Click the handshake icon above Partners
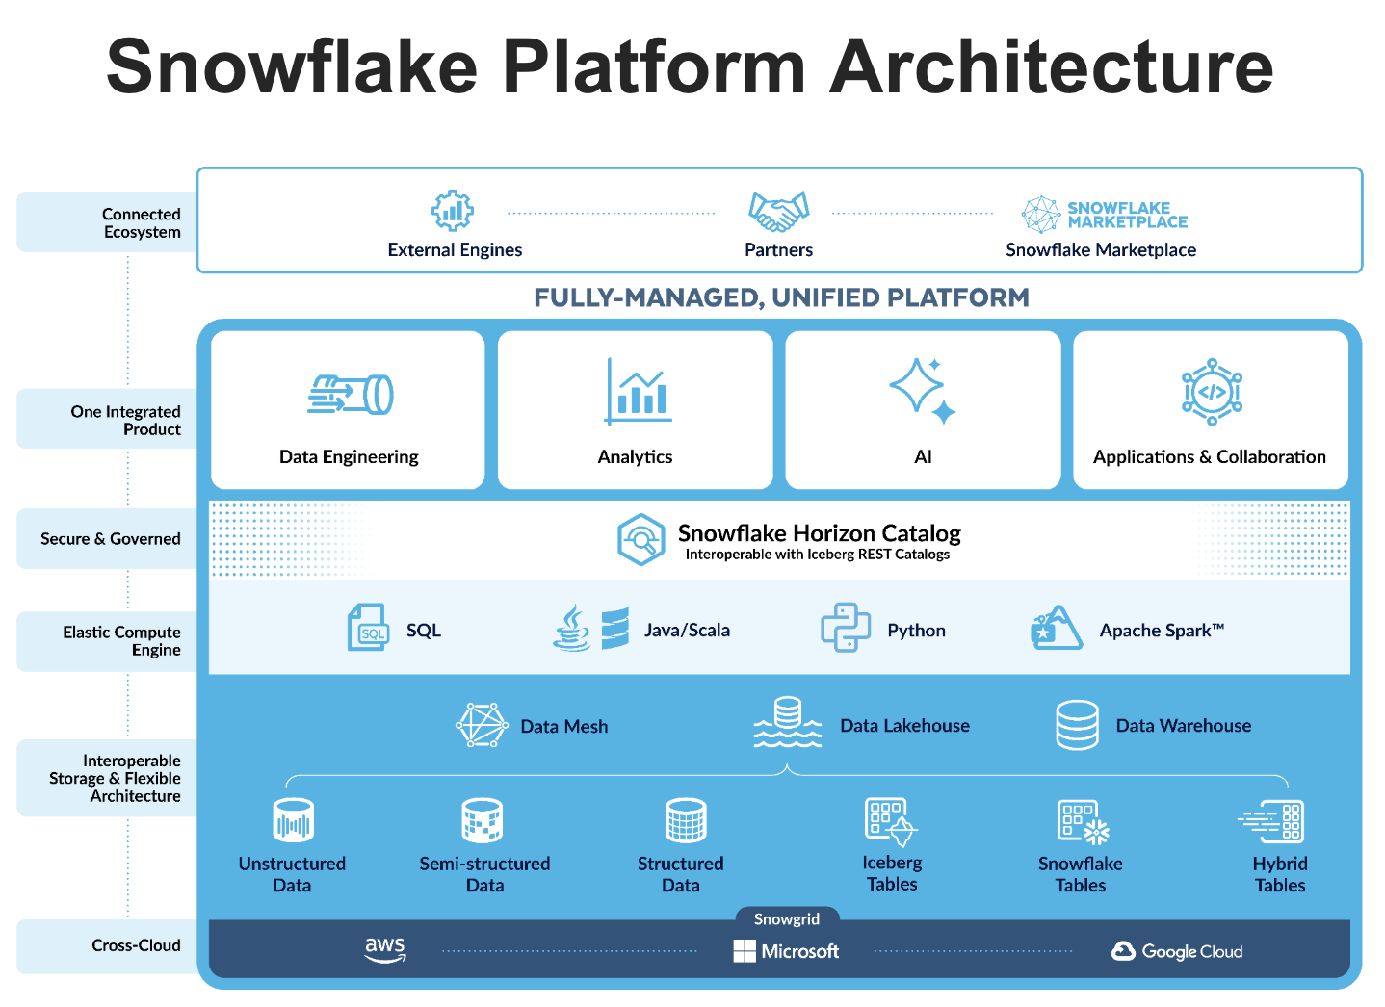(x=778, y=211)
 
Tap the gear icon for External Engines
(x=452, y=210)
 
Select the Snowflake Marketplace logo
(x=1104, y=214)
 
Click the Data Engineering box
(x=348, y=410)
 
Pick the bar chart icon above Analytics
(x=638, y=392)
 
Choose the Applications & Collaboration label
(x=1209, y=456)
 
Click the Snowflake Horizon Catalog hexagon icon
(x=640, y=539)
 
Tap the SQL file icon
(x=368, y=628)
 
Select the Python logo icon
(x=845, y=628)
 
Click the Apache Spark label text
(x=1161, y=631)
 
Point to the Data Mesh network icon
(x=482, y=725)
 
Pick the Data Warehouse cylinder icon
(x=1077, y=725)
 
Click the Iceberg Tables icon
(x=890, y=821)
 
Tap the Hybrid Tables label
(x=1279, y=874)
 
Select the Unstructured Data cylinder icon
(x=293, y=821)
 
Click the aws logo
(x=385, y=949)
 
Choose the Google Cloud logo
(x=1177, y=951)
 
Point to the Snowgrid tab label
(x=786, y=919)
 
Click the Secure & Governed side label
(x=110, y=539)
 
